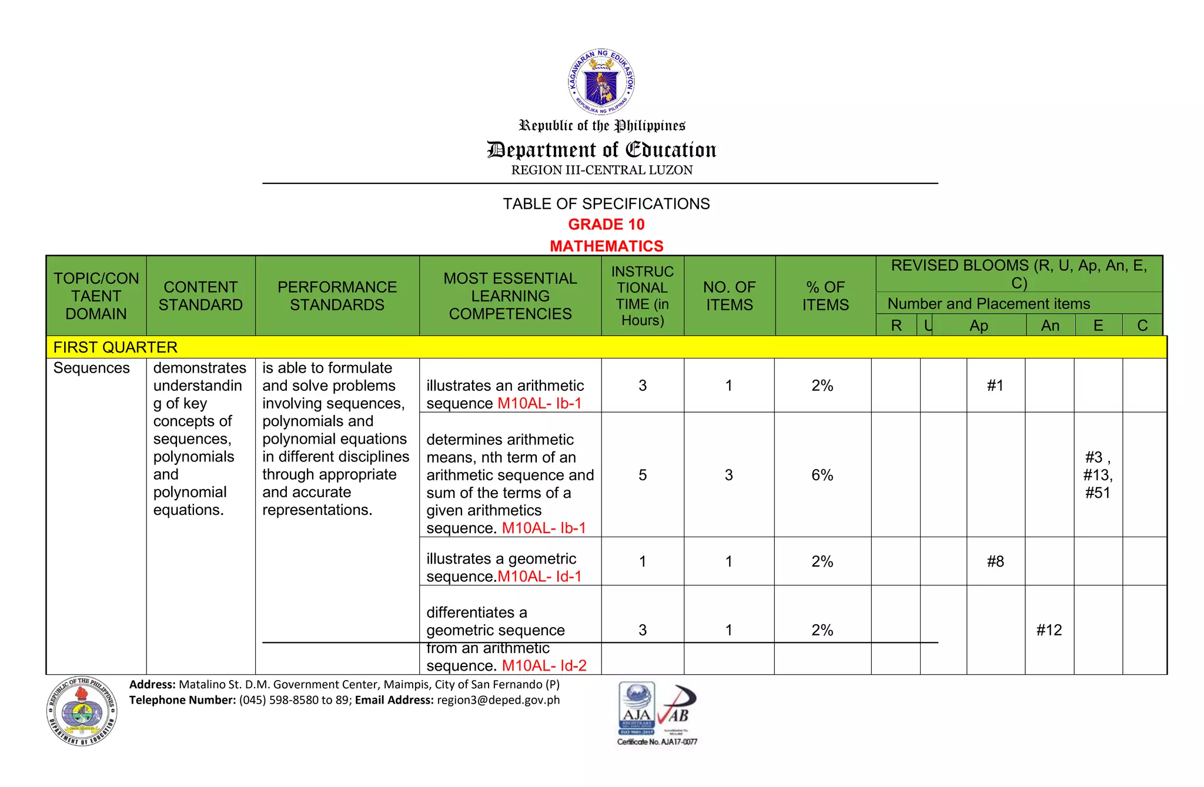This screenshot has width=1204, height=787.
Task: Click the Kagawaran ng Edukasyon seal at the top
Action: [x=601, y=81]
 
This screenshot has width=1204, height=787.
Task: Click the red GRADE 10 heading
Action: [x=606, y=225]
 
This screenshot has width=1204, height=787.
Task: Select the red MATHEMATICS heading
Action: [x=606, y=246]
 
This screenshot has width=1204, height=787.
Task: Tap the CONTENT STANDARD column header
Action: [x=200, y=296]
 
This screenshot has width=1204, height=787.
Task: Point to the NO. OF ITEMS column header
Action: [x=729, y=296]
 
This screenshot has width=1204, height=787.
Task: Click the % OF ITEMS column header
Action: [x=825, y=296]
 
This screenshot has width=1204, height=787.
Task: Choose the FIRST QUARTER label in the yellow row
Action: [x=115, y=347]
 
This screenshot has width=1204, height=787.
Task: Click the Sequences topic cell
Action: [x=92, y=368]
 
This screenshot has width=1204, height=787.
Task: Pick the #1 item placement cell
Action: [x=995, y=386]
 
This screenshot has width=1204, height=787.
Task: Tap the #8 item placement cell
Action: [x=995, y=561]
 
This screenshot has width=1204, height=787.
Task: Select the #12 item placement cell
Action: [x=1049, y=630]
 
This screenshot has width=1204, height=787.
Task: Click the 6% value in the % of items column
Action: [x=822, y=475]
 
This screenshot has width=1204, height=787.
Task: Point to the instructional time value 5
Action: [x=643, y=475]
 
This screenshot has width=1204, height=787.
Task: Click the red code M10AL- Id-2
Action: [x=544, y=665]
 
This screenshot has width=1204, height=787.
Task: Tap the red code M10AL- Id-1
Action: [x=539, y=576]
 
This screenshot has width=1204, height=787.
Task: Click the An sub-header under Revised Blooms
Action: [x=1050, y=326]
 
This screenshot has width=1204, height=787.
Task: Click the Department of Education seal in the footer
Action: [x=82, y=711]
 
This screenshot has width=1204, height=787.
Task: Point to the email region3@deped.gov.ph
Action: [x=498, y=700]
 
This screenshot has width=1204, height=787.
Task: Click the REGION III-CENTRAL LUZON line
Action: [x=601, y=170]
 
